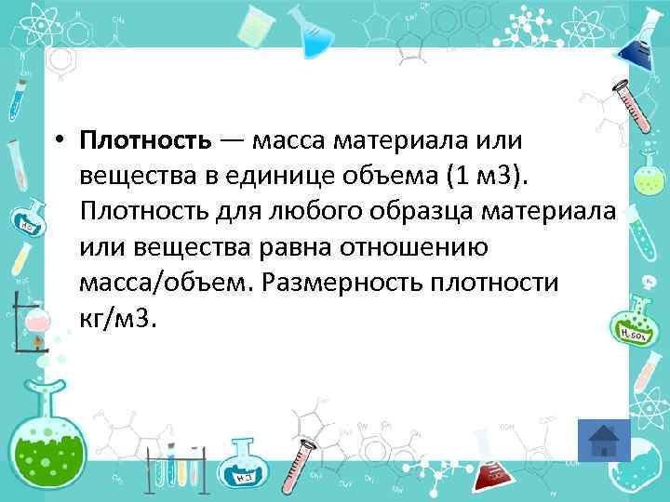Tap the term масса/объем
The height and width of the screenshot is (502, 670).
coord(167,283)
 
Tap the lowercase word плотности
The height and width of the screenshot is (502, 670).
coord(502,283)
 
